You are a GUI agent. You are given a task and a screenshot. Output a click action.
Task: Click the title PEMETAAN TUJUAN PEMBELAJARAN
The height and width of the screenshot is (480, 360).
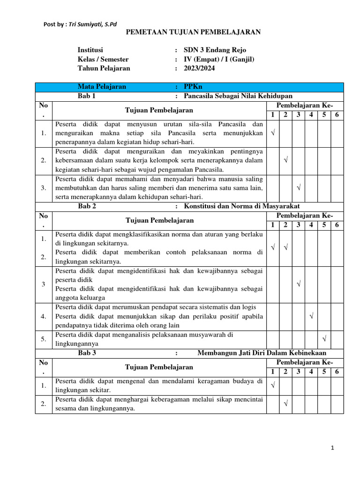click(194, 32)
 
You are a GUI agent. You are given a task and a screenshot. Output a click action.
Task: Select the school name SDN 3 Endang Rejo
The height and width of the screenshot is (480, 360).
click(215, 50)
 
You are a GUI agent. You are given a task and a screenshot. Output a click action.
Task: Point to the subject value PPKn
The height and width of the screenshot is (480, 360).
click(193, 87)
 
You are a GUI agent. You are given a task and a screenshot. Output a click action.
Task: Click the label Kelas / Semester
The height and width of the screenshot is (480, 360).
click(103, 59)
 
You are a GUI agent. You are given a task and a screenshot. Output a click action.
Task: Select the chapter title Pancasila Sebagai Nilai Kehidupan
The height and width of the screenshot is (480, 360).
click(238, 96)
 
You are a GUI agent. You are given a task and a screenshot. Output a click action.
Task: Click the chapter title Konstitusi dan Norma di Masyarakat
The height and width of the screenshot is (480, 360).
click(242, 206)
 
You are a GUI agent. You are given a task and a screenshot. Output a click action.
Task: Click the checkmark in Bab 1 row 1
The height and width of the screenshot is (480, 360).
click(273, 134)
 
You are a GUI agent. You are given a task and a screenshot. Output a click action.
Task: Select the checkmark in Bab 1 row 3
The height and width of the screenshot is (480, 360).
click(299, 187)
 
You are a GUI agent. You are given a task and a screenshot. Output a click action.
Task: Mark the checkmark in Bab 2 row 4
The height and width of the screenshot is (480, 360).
click(311, 316)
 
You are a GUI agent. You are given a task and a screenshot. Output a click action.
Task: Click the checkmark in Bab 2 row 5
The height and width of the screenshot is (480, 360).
click(324, 338)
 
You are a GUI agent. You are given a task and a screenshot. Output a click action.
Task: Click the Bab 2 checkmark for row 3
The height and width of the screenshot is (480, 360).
click(299, 284)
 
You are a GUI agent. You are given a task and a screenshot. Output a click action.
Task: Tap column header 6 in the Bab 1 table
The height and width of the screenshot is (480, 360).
click(337, 115)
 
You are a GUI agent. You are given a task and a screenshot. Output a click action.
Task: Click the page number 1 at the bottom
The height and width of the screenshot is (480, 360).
click(332, 448)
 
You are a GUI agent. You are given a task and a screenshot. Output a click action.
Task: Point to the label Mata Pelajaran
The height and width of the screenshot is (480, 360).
click(102, 87)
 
